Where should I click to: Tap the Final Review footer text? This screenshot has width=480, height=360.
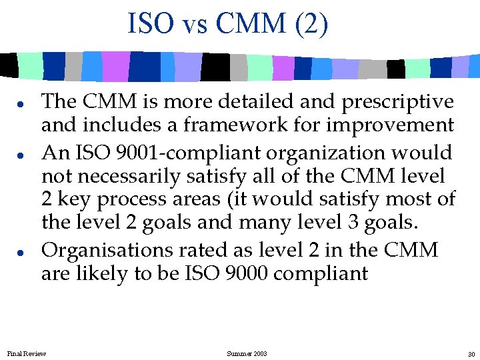[x=26, y=353]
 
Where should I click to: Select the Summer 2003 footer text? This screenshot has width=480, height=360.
[x=247, y=353]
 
